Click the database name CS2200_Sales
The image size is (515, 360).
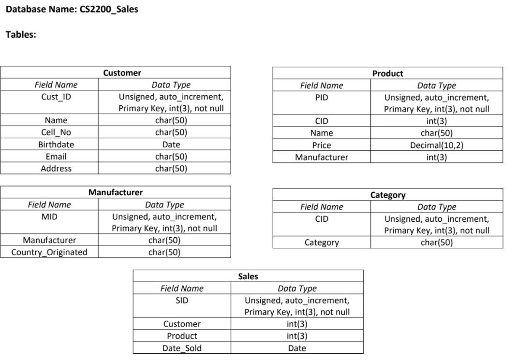[108, 9]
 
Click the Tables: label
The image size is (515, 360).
[21, 34]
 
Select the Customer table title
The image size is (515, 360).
[122, 73]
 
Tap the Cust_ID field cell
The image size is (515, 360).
[56, 97]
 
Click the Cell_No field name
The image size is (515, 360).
[56, 132]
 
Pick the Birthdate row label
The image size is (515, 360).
[56, 144]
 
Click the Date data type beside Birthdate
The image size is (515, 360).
[171, 144]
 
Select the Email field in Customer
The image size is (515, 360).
[56, 157]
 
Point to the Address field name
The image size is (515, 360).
[56, 169]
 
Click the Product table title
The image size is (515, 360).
[387, 73]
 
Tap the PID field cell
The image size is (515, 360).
[322, 98]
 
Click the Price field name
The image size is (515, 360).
[322, 145]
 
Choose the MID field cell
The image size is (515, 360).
[49, 217]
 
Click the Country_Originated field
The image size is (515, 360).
[49, 252]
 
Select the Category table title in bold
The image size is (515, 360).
[387, 195]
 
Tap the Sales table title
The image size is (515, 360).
[248, 276]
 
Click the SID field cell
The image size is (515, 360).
[182, 301]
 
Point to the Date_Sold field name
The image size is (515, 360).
[182, 348]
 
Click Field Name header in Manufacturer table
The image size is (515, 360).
[49, 205]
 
